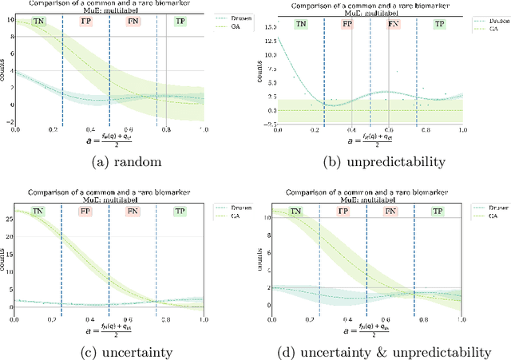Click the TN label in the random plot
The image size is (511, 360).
point(39,22)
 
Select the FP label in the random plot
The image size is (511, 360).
point(86,22)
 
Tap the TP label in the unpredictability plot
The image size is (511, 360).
point(439,25)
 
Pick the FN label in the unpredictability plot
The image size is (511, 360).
point(394,25)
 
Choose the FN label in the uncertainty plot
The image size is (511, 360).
point(132,212)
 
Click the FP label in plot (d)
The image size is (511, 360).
point(343,212)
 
